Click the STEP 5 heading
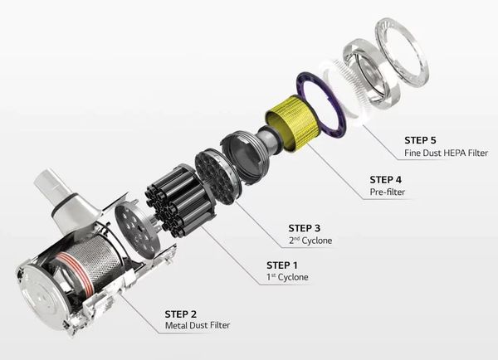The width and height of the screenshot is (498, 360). [420, 140]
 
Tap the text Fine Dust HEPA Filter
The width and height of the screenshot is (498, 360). [446, 153]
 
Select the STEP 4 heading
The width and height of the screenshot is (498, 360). [386, 180]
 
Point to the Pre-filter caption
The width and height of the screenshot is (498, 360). [388, 192]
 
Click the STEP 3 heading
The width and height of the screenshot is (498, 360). [305, 228]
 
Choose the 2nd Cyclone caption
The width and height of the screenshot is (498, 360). [310, 241]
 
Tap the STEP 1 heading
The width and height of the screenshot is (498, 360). [282, 265]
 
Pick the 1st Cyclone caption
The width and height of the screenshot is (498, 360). [287, 277]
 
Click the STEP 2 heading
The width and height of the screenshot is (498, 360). [181, 314]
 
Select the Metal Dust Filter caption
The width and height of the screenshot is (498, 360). [198, 325]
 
